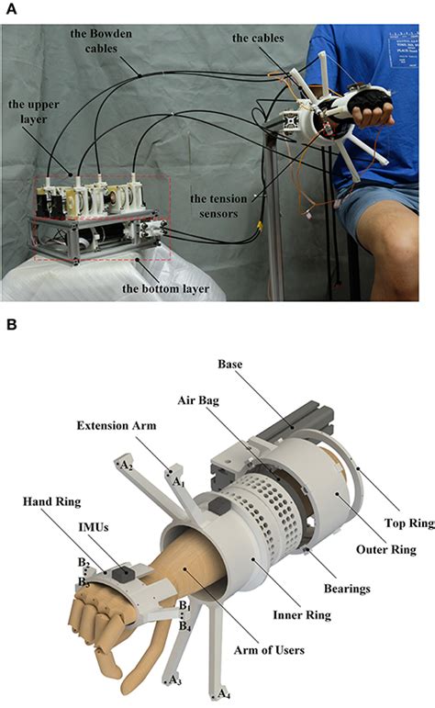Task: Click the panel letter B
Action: pos(7,325)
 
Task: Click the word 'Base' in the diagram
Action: pos(230,365)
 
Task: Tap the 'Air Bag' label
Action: pos(196,399)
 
